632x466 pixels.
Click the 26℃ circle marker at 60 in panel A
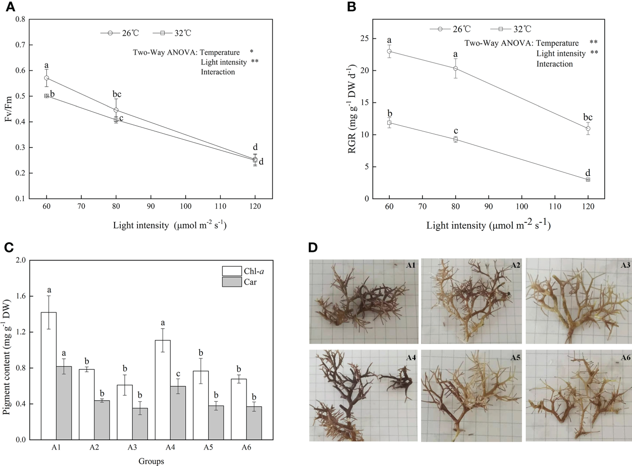pyautogui.click(x=46, y=78)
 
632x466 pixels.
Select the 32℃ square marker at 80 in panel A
pyautogui.click(x=116, y=120)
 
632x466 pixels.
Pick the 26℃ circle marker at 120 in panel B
pyautogui.click(x=588, y=129)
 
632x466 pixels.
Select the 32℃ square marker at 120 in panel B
pyautogui.click(x=588, y=179)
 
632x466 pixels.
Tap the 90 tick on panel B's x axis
pyautogui.click(x=488, y=207)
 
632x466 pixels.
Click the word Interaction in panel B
pyautogui.click(x=554, y=64)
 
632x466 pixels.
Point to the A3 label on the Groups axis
pyautogui.click(x=132, y=447)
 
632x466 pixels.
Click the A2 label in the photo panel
pyautogui.click(x=515, y=265)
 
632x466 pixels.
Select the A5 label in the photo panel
pyautogui.click(x=515, y=358)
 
